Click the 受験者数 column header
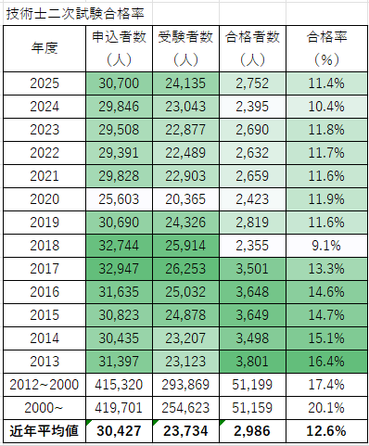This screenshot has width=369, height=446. tap(184, 38)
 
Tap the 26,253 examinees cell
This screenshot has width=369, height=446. tap(184, 270)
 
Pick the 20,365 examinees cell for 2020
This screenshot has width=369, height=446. tap(184, 199)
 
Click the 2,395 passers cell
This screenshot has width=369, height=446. tap(252, 106)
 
